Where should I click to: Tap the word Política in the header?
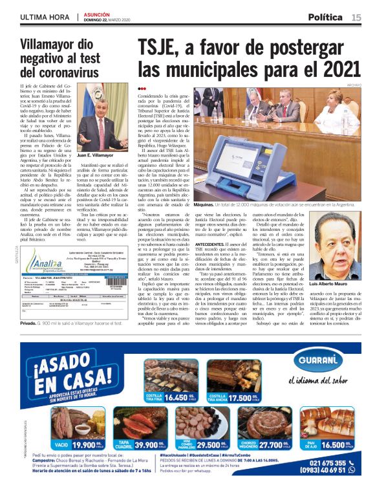coord(326,17)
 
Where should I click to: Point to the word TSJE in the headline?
coord(162,47)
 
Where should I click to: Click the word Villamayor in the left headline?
coord(58,45)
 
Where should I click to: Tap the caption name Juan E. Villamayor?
coord(94,156)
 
